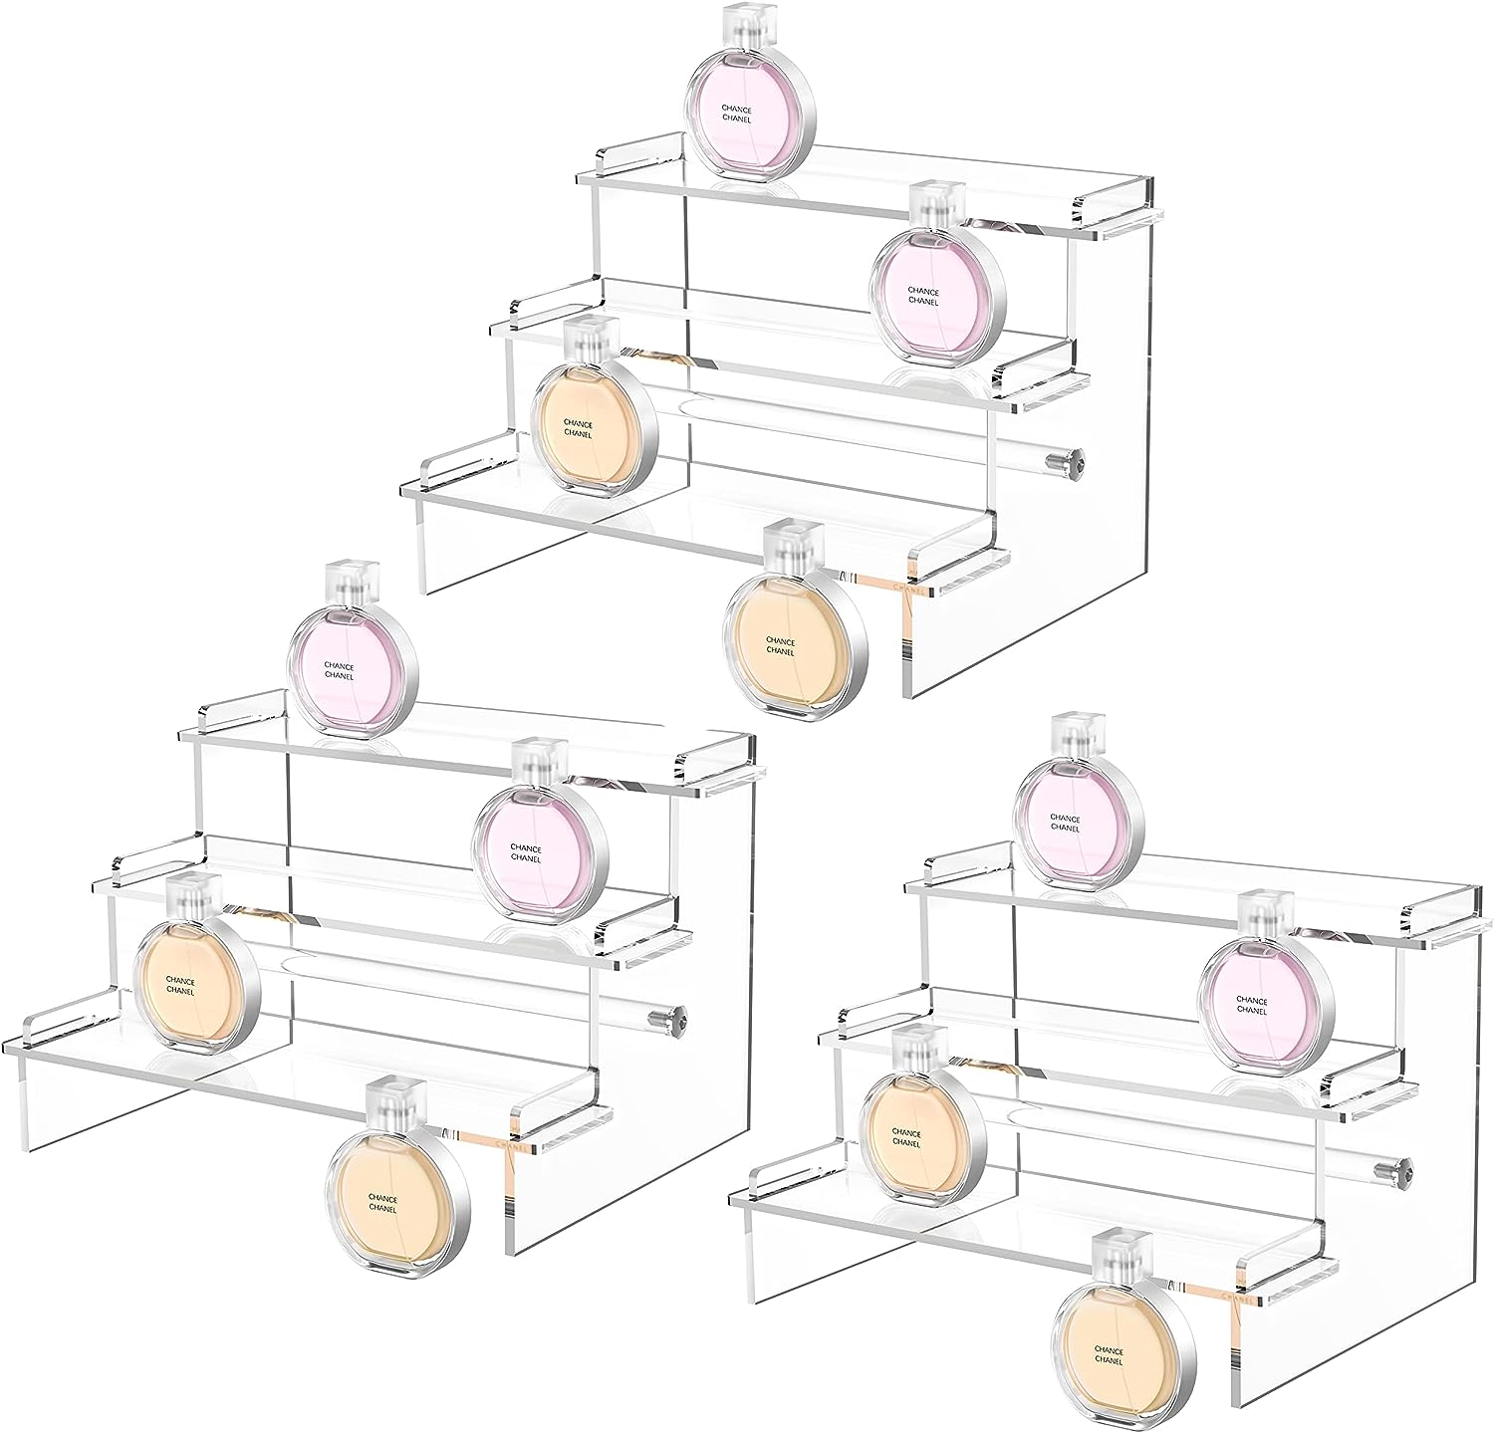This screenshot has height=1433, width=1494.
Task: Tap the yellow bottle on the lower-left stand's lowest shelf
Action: click(x=195, y=985)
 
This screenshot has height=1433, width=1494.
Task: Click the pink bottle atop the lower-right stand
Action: click(x=1079, y=820)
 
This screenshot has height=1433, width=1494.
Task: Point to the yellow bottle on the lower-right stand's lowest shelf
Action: click(x=920, y=1136)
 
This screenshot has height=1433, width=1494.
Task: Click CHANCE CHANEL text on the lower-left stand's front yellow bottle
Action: click(x=382, y=1203)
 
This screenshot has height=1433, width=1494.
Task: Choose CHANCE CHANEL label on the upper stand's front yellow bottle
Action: click(x=780, y=646)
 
